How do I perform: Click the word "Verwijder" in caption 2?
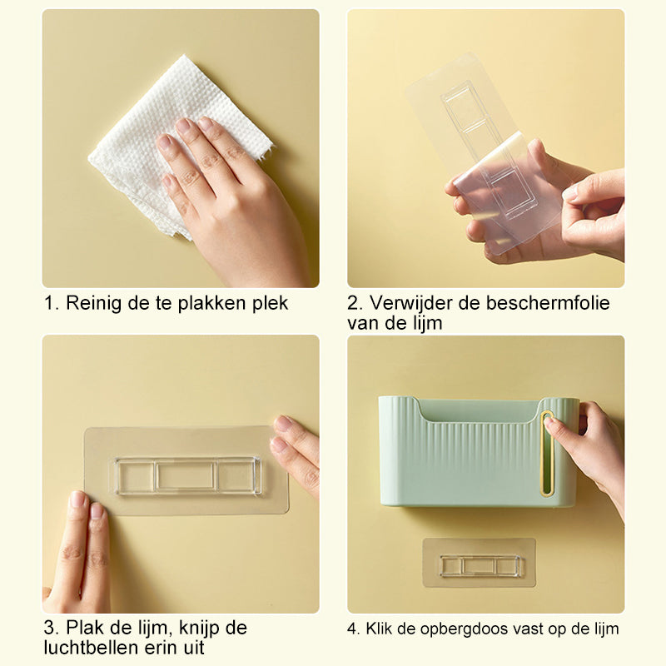[x=413, y=303]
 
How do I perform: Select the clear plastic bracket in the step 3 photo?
[x=187, y=475]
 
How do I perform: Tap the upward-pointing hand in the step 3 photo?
[x=79, y=558]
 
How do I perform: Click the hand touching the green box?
[x=593, y=441]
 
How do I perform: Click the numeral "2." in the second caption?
[x=355, y=303]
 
